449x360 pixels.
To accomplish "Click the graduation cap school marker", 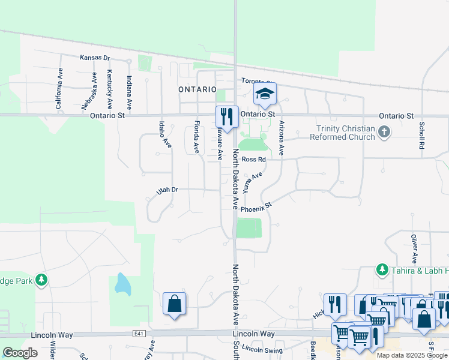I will tap(265, 94).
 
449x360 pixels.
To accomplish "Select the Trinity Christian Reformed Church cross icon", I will tap(384, 131).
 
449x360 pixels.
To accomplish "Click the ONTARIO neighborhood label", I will tap(197, 89).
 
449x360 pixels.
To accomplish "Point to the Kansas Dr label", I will tap(95, 58).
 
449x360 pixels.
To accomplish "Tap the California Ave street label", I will tap(59, 88).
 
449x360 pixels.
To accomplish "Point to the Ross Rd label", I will tap(253, 159).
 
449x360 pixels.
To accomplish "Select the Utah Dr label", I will tap(167, 191).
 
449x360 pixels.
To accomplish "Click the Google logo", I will tap(20, 353).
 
